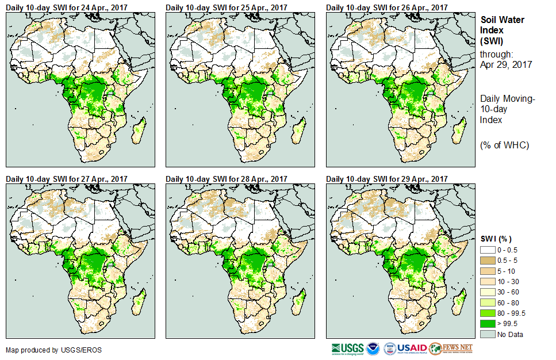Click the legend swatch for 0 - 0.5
(488, 250)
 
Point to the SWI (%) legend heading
(496, 239)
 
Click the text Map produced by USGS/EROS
(41, 350)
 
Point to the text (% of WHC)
(504, 145)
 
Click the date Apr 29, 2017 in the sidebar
(505, 64)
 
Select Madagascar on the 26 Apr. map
(459, 132)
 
